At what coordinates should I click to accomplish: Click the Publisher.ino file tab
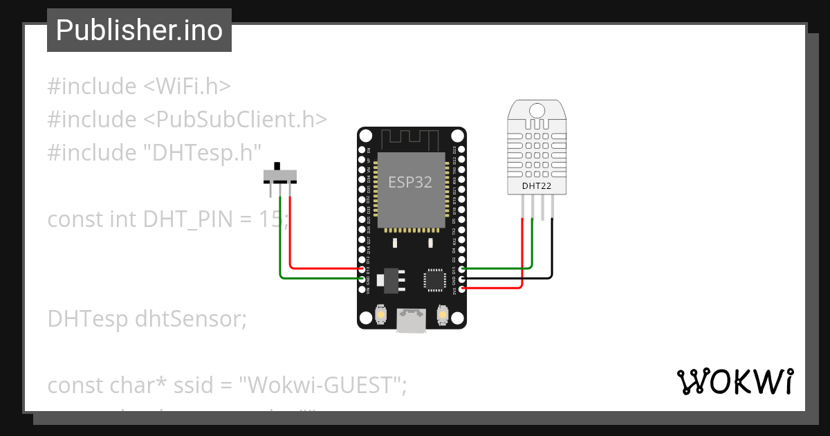coord(139,30)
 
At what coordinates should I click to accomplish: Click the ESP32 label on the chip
coord(410,183)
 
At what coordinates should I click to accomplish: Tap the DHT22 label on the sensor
coord(537,185)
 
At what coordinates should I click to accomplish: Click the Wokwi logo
coord(735,382)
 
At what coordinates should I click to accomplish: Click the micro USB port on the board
coord(412,320)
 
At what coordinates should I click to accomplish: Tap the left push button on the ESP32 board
coord(380,316)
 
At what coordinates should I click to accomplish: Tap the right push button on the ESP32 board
coord(443,316)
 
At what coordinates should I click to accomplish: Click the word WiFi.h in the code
coord(187,87)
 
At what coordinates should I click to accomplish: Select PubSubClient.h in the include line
coord(235,119)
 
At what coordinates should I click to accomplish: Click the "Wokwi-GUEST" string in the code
coord(322,385)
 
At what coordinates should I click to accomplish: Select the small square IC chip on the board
coord(434,280)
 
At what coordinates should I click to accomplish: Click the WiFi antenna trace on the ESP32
coord(411,139)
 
